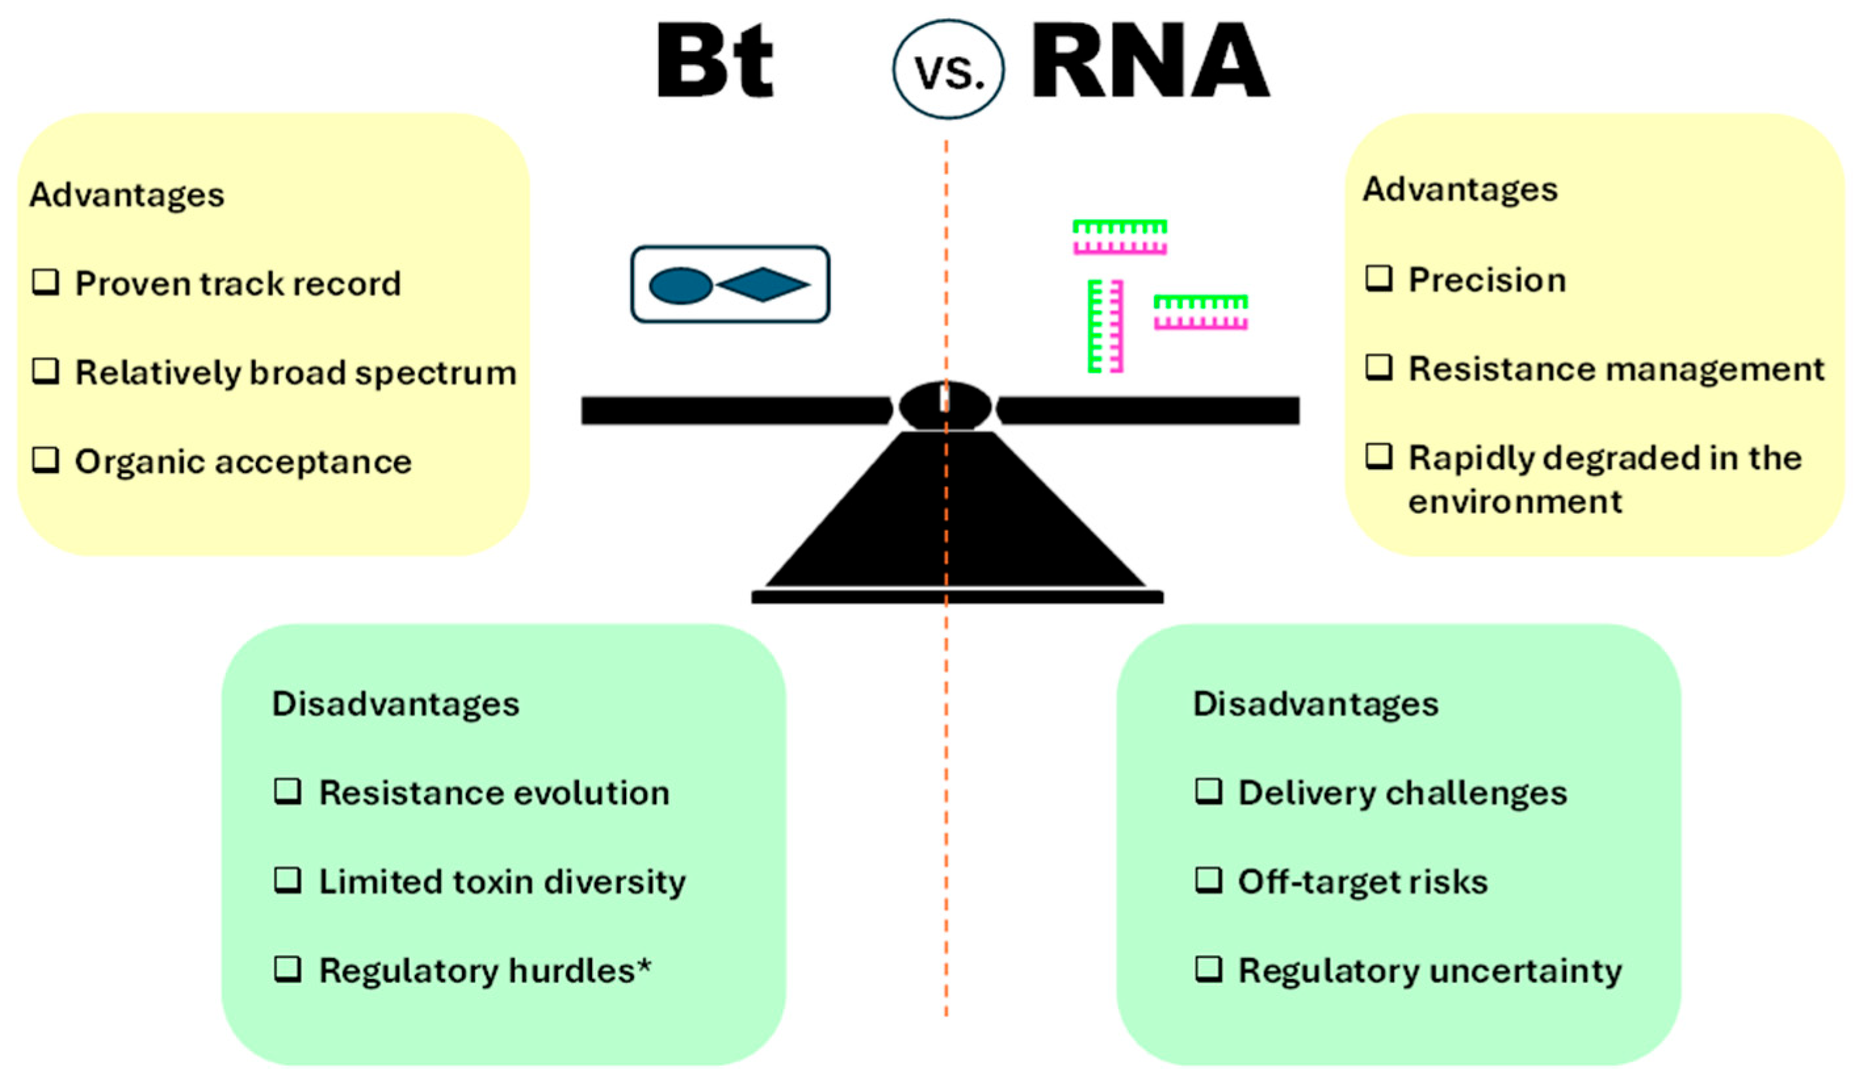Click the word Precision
pyautogui.click(x=1487, y=280)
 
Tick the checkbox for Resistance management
pyautogui.click(x=1379, y=367)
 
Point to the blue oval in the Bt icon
pyautogui.click(x=681, y=285)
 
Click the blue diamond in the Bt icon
pyautogui.click(x=763, y=284)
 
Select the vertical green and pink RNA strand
pyautogui.click(x=1105, y=325)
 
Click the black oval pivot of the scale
pyautogui.click(x=945, y=406)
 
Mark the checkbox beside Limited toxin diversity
pyautogui.click(x=287, y=880)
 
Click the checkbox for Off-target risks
pyautogui.click(x=1209, y=880)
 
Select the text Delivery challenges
pyautogui.click(x=1403, y=793)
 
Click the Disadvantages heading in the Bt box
pyautogui.click(x=395, y=703)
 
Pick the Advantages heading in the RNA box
pyautogui.click(x=1460, y=189)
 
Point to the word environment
pyautogui.click(x=1515, y=501)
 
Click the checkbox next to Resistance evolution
pyautogui.click(x=287, y=791)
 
